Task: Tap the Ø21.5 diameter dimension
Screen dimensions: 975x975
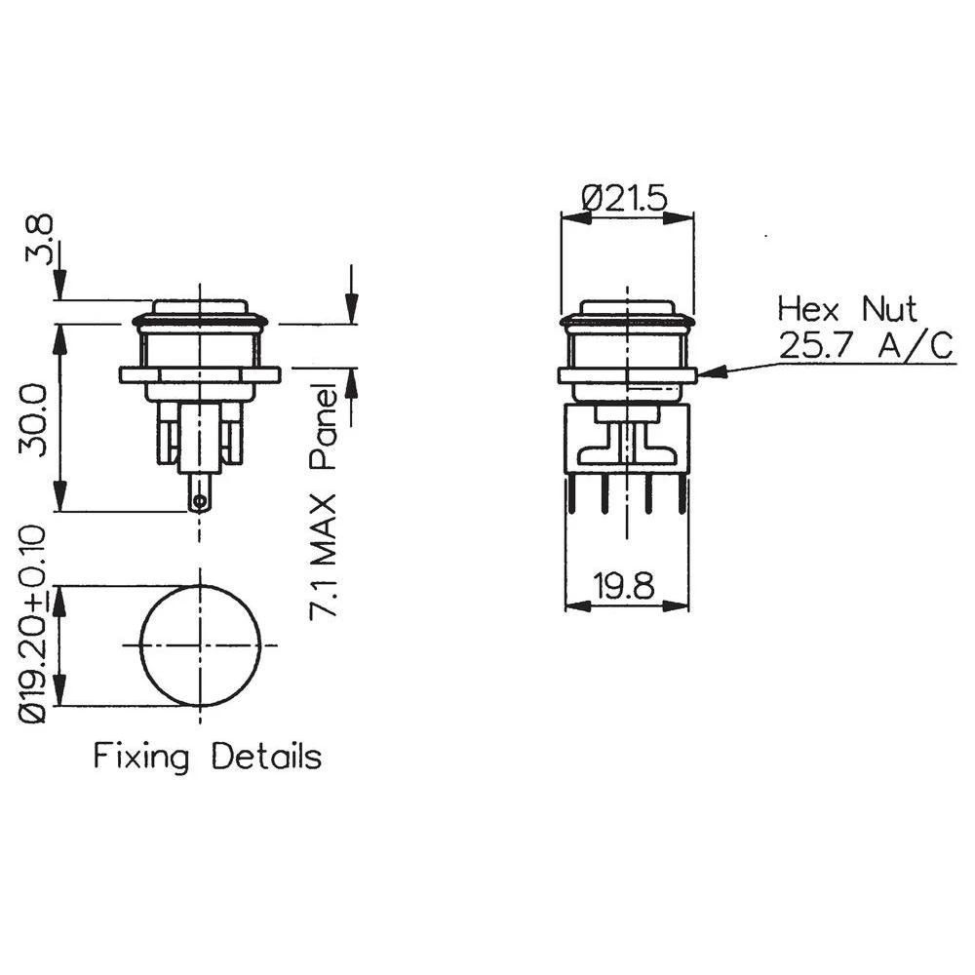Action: click(624, 198)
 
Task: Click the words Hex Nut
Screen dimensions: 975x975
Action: click(846, 309)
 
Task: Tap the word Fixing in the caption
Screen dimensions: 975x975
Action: click(141, 757)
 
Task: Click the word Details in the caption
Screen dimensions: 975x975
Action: click(267, 757)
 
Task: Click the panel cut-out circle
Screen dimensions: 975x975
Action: click(201, 644)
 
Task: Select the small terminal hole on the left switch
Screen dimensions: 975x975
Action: click(200, 503)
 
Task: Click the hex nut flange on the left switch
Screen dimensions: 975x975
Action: click(200, 374)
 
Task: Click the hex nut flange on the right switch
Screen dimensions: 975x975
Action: click(627, 375)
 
